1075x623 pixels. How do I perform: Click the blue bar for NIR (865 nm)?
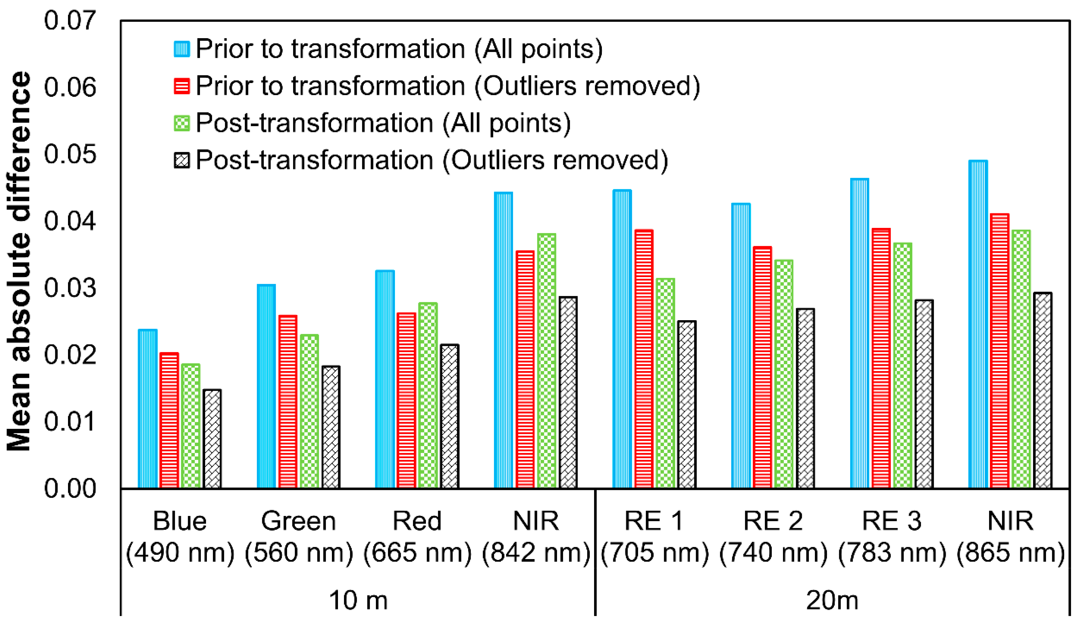978,324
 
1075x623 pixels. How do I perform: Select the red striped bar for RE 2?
762,367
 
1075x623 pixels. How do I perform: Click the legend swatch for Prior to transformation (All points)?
182,49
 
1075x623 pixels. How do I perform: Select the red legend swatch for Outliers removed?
182,86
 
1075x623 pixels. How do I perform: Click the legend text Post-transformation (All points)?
383,123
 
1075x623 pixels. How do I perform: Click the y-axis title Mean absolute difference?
19,260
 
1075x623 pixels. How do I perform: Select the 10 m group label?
358,600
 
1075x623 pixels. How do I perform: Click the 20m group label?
832,600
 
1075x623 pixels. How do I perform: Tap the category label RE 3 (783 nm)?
892,537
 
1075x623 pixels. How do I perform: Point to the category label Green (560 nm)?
299,537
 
